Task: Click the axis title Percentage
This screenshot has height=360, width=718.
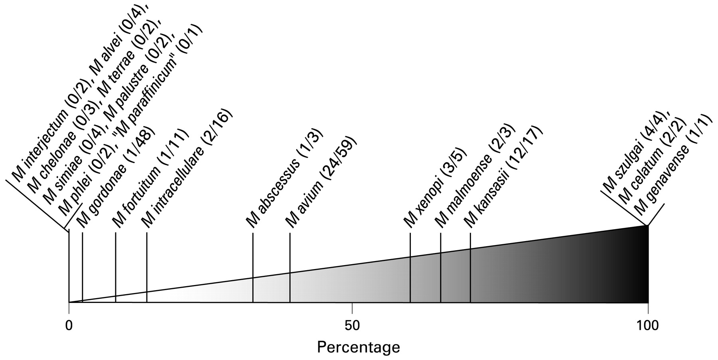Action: [x=358, y=347]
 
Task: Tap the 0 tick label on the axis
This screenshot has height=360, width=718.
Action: [x=69, y=326]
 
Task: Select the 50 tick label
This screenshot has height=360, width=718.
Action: [x=352, y=326]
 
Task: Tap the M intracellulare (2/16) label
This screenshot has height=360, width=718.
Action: [x=187, y=168]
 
